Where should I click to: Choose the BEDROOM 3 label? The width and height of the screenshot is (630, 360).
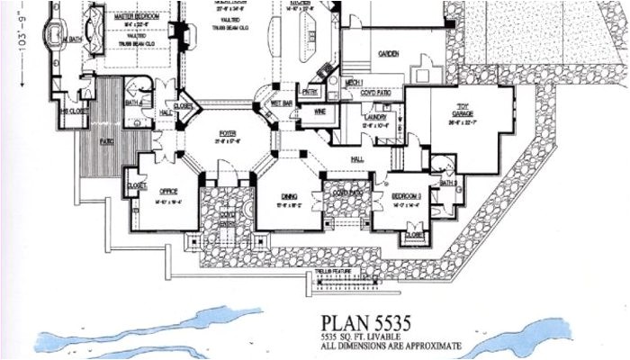(x=406, y=195)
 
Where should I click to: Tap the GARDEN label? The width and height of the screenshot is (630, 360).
(x=388, y=54)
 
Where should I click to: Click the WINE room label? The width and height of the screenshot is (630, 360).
(x=319, y=111)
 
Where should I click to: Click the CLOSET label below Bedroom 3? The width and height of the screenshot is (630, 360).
(x=414, y=235)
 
